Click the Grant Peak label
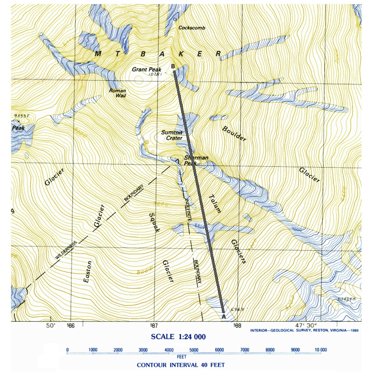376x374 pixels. point(145,69)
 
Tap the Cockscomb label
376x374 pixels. point(192,28)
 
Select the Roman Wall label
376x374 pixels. point(117,93)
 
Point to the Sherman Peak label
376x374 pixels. point(196,160)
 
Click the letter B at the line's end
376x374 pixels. point(173,66)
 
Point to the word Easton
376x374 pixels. point(88,271)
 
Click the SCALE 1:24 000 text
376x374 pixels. point(178,337)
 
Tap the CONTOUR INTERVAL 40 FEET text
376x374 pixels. point(181,365)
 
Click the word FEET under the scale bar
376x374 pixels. point(182,357)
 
